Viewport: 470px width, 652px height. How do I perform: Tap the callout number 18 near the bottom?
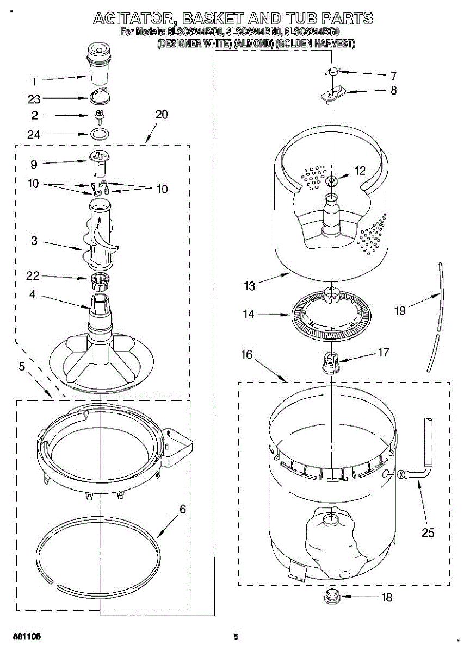386,598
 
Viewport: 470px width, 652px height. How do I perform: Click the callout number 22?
34,277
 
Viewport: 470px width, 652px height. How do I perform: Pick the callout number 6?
182,510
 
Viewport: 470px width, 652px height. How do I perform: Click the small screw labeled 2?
100,116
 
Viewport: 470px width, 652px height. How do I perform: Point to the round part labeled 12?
331,180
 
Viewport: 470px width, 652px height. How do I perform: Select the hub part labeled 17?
331,361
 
